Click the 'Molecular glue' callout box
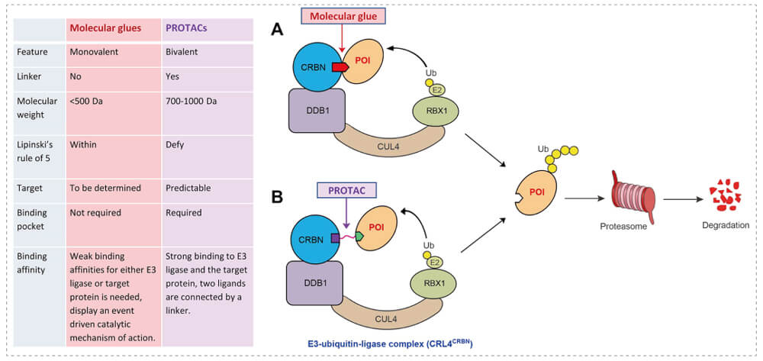tap(349, 15)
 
